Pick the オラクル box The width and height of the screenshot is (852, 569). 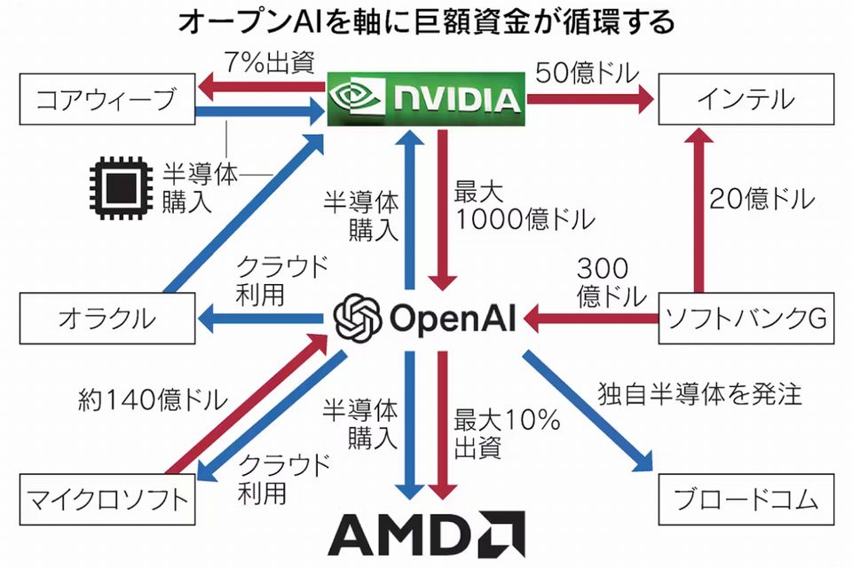tap(106, 318)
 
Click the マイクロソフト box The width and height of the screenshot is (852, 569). tap(106, 499)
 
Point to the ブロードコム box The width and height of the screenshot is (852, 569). tap(745, 499)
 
